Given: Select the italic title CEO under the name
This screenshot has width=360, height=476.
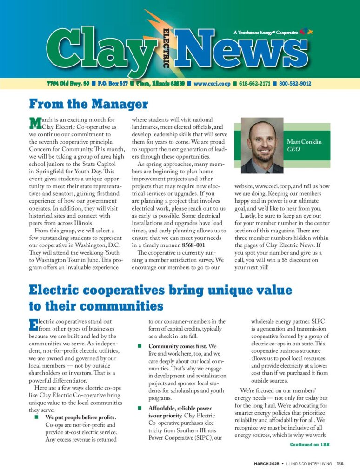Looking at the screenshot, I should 293,150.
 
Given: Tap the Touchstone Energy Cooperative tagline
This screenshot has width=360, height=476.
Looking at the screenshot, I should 265,33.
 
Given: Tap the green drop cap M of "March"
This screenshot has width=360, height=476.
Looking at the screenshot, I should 34,123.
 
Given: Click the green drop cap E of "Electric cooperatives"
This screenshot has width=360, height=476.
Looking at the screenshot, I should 33,324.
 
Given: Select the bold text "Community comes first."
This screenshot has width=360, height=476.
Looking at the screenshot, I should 178,346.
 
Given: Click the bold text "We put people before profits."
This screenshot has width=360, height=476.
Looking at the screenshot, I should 80,417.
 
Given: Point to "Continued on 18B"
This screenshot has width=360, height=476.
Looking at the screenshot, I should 309,444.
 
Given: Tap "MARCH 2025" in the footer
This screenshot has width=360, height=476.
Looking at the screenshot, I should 266,463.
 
